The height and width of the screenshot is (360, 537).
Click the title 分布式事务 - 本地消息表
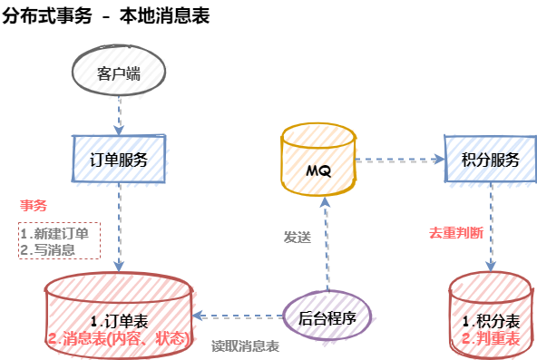pos(106,15)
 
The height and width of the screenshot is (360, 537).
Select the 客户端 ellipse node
pos(119,71)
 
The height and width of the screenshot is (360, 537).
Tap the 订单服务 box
pos(119,159)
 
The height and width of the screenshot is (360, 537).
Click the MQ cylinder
pos(318,160)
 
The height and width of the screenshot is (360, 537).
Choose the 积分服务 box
pos(491,159)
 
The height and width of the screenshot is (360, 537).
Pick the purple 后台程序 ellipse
pos(327,316)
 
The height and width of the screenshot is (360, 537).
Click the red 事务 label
pos(34,205)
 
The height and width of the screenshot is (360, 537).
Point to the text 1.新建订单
pos(54,234)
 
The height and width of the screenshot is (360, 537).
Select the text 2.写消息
pos(47,249)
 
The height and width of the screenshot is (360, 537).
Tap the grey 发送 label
pos(298,237)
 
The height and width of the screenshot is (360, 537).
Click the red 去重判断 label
pos(456,233)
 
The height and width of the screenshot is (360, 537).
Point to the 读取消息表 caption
pos(245,346)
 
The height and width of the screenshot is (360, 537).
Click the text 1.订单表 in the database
pos(119,321)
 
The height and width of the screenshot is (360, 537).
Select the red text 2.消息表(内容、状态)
pos(119,338)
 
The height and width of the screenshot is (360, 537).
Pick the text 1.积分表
pos(491,321)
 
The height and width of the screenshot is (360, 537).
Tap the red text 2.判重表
pos(491,338)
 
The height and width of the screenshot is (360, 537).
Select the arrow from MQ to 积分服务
pos(400,160)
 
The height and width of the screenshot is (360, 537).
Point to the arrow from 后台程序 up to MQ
pos(327,244)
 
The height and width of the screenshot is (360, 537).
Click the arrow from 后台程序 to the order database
pos(238,316)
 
